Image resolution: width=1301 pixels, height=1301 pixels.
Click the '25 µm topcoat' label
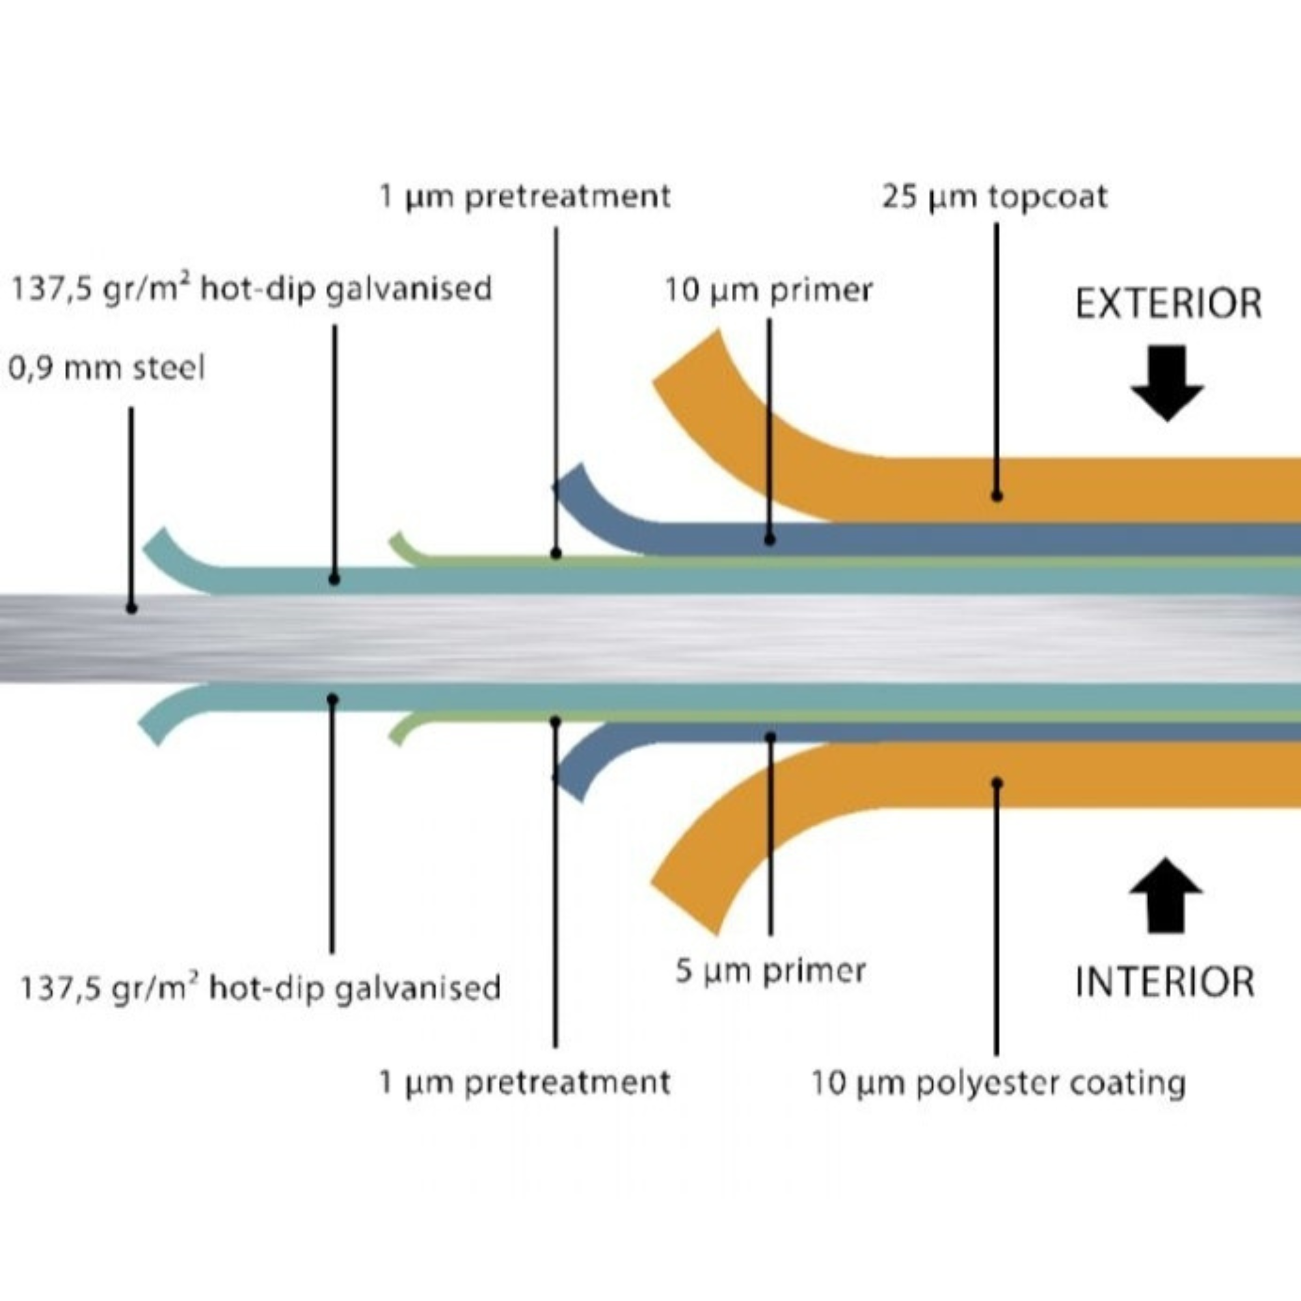[x=994, y=197]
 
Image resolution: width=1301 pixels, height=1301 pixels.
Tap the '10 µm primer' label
[x=768, y=291]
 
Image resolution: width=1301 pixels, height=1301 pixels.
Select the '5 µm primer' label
[x=770, y=971]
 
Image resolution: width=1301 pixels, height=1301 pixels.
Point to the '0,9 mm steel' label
[x=106, y=368]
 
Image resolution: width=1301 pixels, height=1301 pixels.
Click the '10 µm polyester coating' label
[x=998, y=1084]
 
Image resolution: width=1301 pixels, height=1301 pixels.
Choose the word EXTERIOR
[x=1168, y=304]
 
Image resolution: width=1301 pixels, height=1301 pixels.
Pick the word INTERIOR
[x=1165, y=982]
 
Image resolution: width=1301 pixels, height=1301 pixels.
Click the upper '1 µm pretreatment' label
[x=525, y=196]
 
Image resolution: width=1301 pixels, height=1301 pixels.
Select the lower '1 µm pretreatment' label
[x=525, y=1082]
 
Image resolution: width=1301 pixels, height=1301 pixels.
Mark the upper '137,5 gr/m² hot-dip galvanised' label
[x=251, y=289]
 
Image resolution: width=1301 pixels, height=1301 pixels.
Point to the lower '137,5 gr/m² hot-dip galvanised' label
[x=261, y=989]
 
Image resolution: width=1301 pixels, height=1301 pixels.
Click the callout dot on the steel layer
[x=131, y=608]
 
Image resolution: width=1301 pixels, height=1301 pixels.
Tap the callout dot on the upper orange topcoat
[x=997, y=496]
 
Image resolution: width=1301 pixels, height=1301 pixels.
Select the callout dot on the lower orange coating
[x=997, y=783]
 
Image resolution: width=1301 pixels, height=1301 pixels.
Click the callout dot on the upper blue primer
[x=770, y=539]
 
